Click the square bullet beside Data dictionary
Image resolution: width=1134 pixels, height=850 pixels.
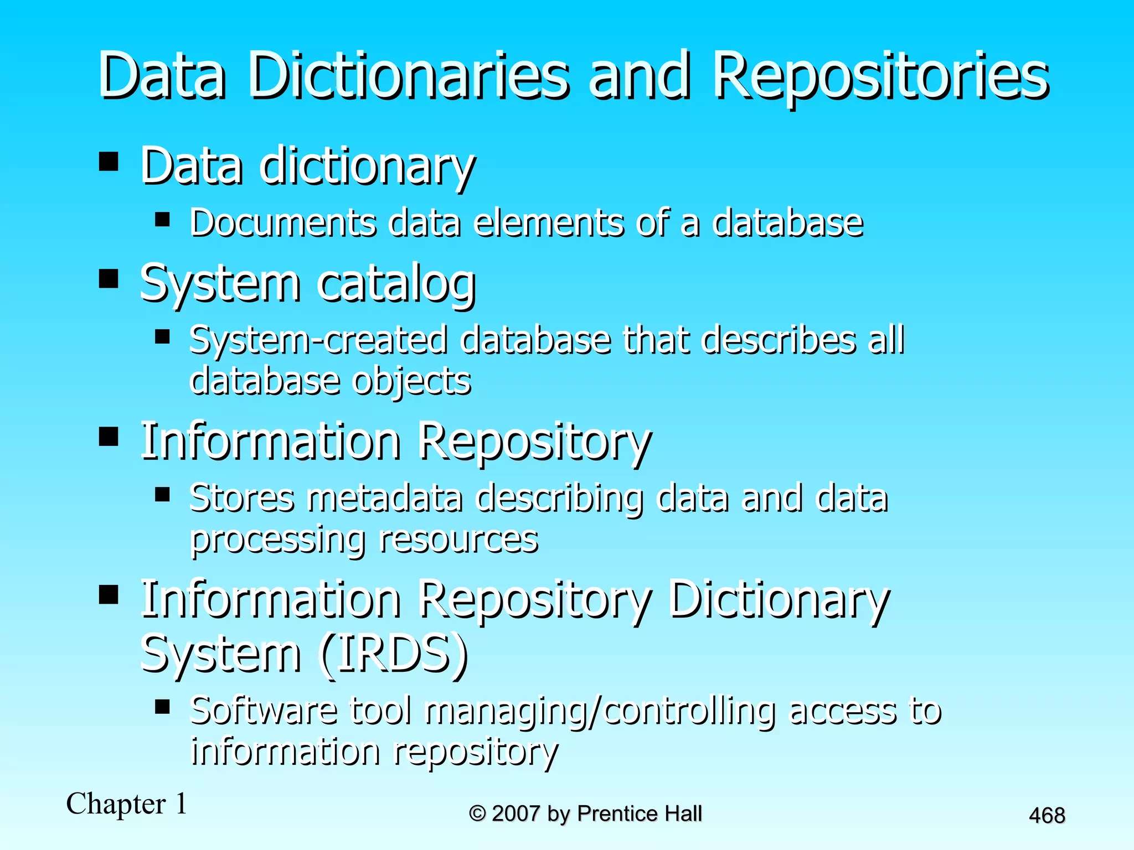[x=109, y=161]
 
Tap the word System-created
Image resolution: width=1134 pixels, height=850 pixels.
[x=318, y=340]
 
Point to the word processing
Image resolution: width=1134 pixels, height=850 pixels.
[x=277, y=539]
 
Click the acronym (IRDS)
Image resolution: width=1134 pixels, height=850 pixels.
[x=394, y=653]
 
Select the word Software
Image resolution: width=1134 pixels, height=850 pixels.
[x=264, y=711]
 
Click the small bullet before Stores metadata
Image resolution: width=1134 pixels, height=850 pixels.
[x=162, y=493]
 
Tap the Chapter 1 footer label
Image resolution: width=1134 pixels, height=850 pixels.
[x=127, y=804]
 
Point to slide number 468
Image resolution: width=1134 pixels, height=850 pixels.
[x=1047, y=815]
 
